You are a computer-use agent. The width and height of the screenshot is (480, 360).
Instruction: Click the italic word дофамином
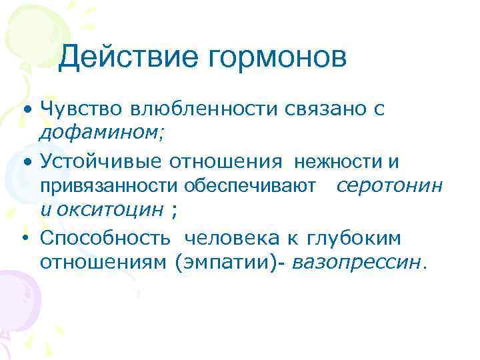100,133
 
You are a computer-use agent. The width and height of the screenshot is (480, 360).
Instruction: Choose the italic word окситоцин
110,210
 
